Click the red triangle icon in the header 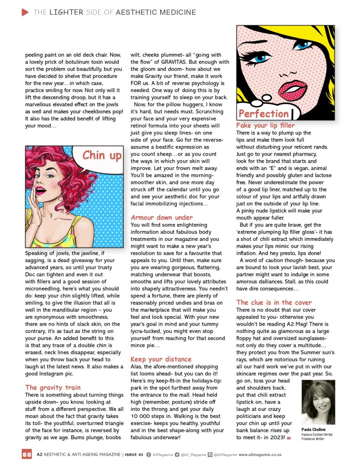(26, 12)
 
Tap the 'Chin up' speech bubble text (102, 156)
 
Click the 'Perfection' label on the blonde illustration (263, 114)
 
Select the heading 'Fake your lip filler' (266, 125)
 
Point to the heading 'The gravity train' (52, 388)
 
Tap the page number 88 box (27, 454)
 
